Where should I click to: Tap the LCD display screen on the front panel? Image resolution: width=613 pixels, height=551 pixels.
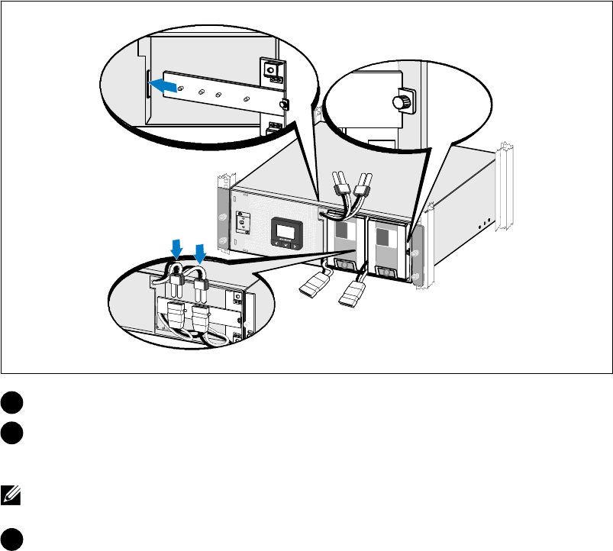[x=287, y=230]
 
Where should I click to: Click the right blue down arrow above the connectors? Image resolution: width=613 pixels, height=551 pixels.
[x=201, y=253]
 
